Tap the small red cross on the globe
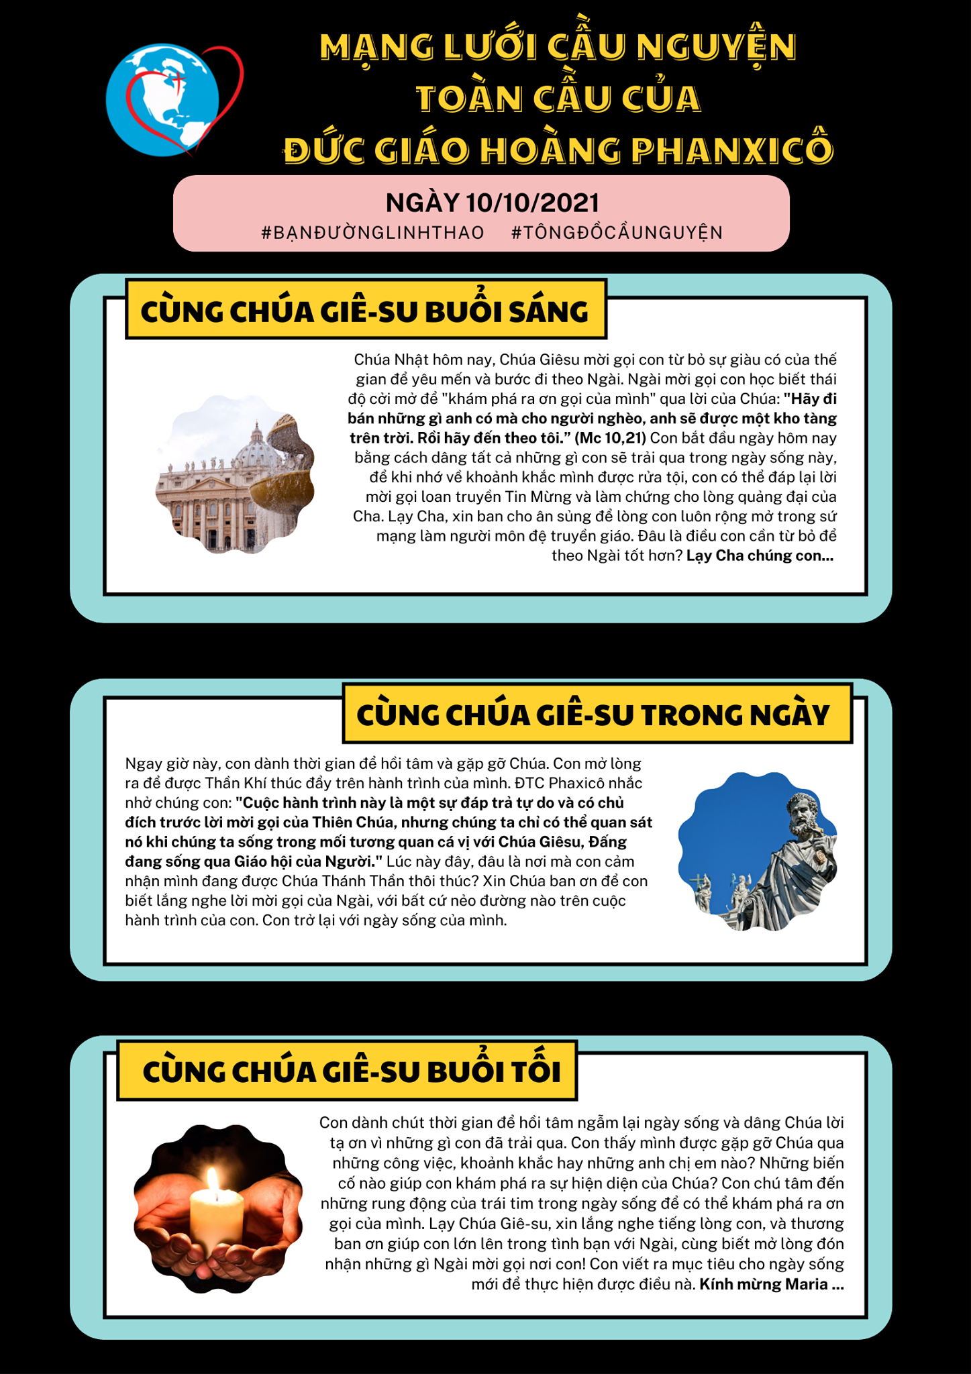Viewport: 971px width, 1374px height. pos(178,79)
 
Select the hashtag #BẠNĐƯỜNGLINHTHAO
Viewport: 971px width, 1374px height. pos(372,233)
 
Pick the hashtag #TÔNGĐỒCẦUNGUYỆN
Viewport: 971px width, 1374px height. pos(617,233)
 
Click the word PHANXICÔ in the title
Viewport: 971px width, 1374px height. pos(731,150)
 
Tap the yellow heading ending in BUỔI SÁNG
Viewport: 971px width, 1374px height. pos(365,311)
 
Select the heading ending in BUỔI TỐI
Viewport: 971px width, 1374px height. pos(352,1071)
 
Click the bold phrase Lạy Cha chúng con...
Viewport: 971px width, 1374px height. pos(759,556)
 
